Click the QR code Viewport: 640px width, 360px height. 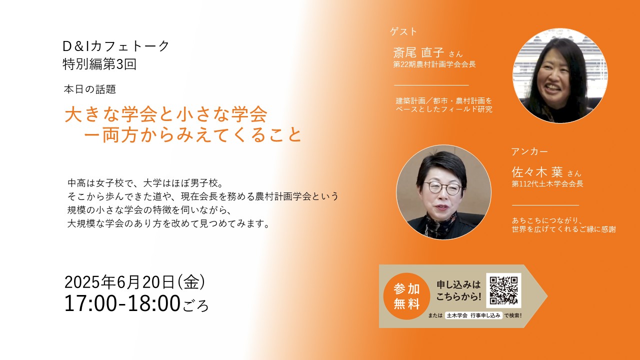click(x=503, y=290)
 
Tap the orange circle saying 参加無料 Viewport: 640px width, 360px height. click(x=406, y=296)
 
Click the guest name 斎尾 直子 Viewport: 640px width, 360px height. click(x=418, y=52)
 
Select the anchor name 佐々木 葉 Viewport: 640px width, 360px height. click(x=537, y=172)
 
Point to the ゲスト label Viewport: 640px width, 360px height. click(x=403, y=31)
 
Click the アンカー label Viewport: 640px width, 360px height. click(x=529, y=151)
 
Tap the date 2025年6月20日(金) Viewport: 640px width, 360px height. click(x=135, y=282)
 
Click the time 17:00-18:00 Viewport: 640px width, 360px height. click(x=122, y=303)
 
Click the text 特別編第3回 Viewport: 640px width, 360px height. click(x=99, y=64)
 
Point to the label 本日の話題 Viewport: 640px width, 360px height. click(x=89, y=89)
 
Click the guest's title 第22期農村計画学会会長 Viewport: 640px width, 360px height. click(x=434, y=64)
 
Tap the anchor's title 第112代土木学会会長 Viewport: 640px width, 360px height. click(x=547, y=183)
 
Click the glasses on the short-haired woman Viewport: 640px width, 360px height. click(x=442, y=188)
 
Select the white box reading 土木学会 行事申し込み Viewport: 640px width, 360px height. click(x=473, y=315)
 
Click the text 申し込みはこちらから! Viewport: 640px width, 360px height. click(x=458, y=290)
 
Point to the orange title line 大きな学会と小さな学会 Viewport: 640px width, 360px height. click(x=166, y=114)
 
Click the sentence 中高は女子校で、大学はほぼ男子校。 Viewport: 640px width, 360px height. click(x=145, y=183)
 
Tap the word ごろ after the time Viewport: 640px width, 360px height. click(x=195, y=305)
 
